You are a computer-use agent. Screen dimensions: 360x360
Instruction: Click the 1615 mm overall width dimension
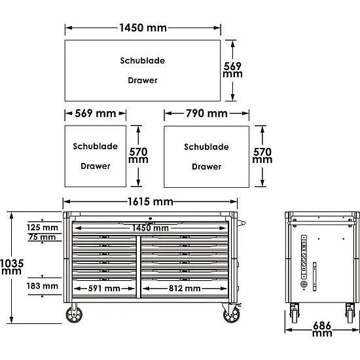[151, 202]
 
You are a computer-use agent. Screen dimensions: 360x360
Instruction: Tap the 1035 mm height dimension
[12, 267]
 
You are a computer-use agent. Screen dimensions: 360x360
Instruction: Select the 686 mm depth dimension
[322, 329]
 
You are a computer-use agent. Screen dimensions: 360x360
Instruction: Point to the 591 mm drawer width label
[104, 289]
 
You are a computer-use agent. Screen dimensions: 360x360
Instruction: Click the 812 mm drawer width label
[185, 289]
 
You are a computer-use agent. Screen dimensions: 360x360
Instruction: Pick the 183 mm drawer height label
[43, 286]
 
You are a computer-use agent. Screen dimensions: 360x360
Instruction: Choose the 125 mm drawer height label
[43, 228]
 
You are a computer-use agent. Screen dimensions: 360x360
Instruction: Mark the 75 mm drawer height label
[43, 237]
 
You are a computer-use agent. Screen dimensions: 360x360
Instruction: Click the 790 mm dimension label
[207, 113]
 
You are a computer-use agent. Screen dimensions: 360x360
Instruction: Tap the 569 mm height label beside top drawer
[232, 70]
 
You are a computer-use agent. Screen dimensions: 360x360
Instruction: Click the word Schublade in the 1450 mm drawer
[143, 61]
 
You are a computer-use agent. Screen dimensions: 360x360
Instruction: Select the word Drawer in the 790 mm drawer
[207, 167]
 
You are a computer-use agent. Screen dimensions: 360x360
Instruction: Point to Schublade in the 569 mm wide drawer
[96, 146]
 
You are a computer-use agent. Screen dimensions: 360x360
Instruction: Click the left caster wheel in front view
[74, 314]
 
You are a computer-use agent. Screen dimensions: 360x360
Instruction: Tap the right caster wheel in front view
[232, 314]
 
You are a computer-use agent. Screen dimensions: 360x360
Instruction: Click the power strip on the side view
[304, 257]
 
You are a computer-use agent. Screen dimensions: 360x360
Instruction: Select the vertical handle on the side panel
[315, 277]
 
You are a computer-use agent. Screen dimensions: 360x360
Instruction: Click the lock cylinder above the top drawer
[150, 219]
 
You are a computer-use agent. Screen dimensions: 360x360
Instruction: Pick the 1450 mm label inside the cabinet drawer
[151, 228]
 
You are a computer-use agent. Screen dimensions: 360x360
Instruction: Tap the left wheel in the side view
[295, 314]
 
